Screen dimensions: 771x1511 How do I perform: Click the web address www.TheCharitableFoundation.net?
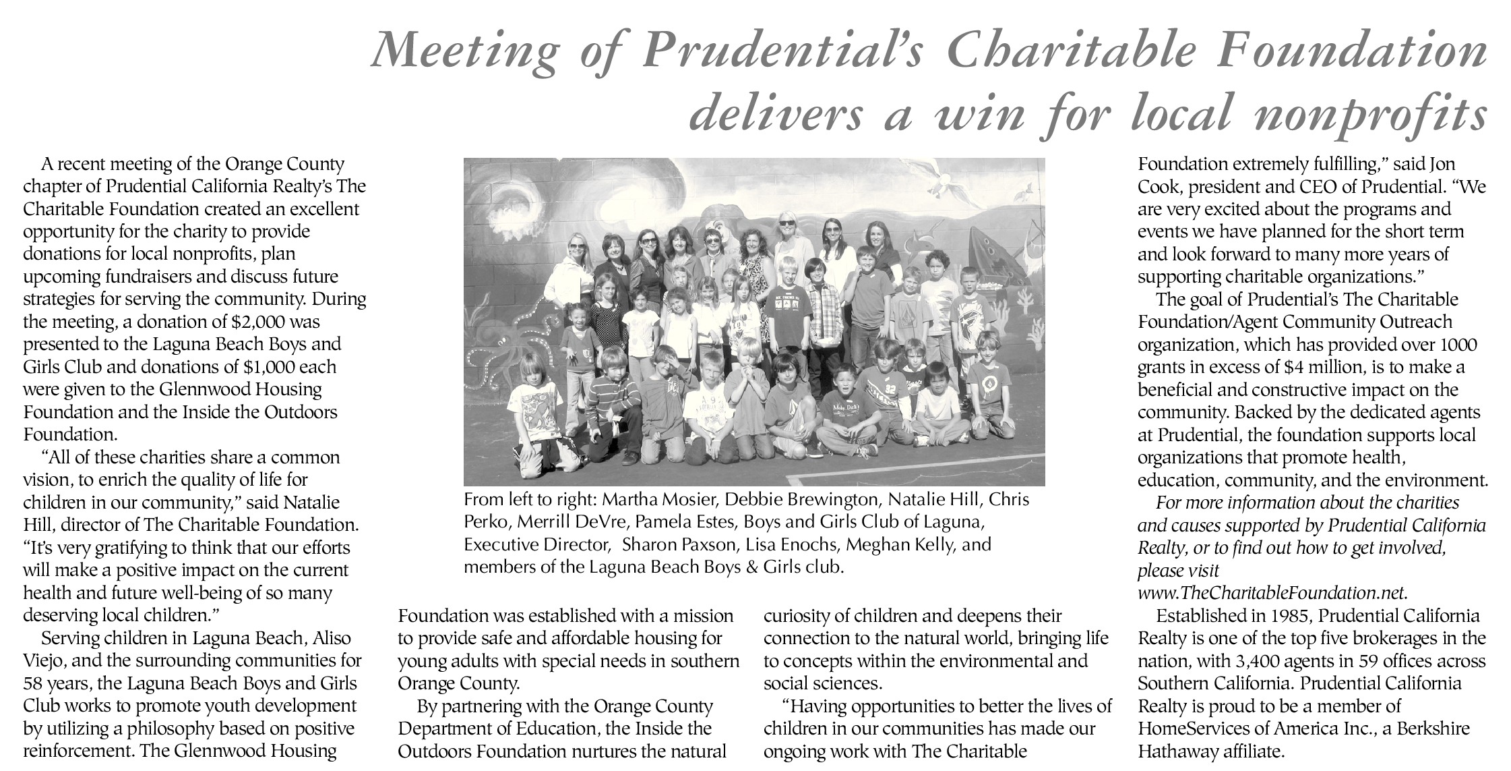[1272, 592]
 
